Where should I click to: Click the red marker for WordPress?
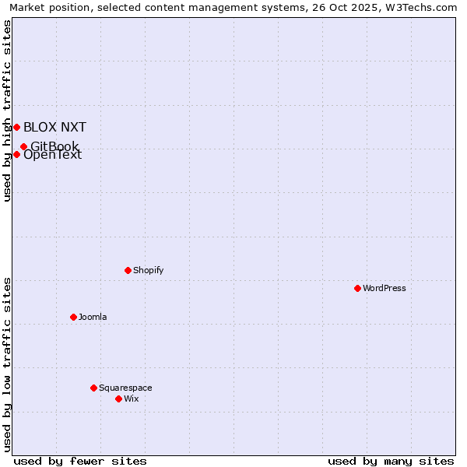tap(357, 288)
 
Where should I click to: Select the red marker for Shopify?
tap(128, 270)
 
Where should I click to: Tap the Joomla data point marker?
tap(73, 317)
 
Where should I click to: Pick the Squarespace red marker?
tap(93, 388)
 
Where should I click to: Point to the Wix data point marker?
tap(118, 399)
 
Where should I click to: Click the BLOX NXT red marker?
tap(16, 127)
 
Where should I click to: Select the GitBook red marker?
tap(23, 146)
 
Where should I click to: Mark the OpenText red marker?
tap(16, 154)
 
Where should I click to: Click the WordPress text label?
tap(384, 288)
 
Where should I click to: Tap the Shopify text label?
tap(149, 270)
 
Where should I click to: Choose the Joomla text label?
tap(93, 317)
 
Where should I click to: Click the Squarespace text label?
tap(125, 388)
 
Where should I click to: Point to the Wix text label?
tap(132, 399)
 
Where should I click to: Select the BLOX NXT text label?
tap(54, 127)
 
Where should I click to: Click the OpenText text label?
tap(53, 155)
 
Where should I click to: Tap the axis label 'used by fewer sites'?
tap(80, 461)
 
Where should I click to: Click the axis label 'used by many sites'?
tap(391, 461)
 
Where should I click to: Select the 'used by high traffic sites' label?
tap(7, 111)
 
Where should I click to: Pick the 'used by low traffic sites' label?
tap(7, 364)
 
